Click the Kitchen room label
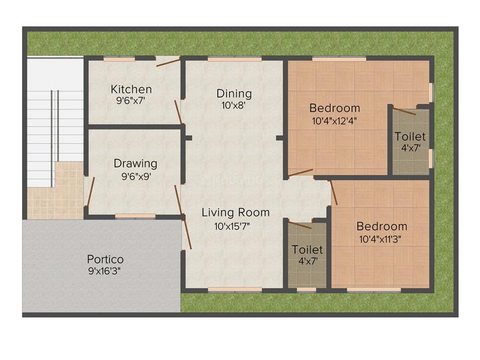click(x=131, y=89)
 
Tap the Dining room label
click(x=234, y=93)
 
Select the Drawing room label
click(x=135, y=163)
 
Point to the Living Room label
click(x=236, y=213)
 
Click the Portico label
click(x=105, y=259)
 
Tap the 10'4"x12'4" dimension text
click(x=335, y=122)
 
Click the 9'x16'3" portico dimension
click(x=105, y=271)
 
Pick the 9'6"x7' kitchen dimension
click(x=131, y=101)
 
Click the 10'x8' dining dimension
click(x=234, y=105)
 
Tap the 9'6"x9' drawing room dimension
click(x=135, y=176)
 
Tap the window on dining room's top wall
click(x=234, y=59)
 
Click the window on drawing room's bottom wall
click(x=135, y=216)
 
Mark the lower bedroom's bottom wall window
click(x=373, y=289)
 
